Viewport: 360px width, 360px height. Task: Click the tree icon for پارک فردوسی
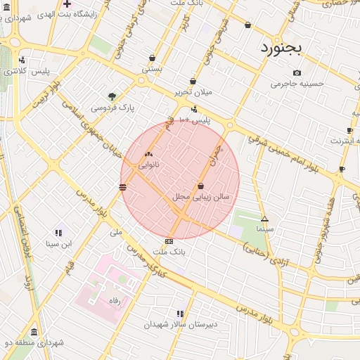[112, 96]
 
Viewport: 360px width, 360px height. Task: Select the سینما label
[264, 229]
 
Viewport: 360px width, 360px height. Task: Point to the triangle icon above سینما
[264, 219]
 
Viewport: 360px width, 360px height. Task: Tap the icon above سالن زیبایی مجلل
[202, 186]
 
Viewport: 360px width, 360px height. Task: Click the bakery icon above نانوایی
[148, 154]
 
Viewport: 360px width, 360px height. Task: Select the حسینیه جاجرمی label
[297, 84]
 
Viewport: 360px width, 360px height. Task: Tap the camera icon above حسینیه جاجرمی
[297, 72]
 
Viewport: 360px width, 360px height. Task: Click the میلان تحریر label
[193, 92]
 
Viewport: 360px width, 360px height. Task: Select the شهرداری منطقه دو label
[34, 342]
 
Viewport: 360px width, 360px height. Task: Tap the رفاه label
[115, 300]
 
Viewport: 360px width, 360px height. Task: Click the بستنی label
[152, 70]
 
